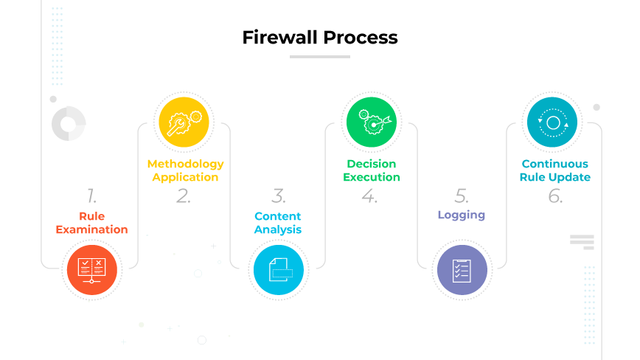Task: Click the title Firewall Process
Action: pyautogui.click(x=320, y=38)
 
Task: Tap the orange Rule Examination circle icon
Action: pyautogui.click(x=92, y=270)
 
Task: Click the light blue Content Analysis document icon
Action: pyautogui.click(x=278, y=270)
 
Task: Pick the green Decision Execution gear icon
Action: pyautogui.click(x=372, y=121)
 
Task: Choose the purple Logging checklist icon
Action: pyautogui.click(x=462, y=270)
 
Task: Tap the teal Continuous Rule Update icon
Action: pyautogui.click(x=553, y=121)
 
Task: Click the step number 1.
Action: pyautogui.click(x=91, y=195)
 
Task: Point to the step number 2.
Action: pyautogui.click(x=184, y=195)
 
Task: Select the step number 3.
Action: pyautogui.click(x=278, y=195)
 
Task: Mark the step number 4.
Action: pyautogui.click(x=370, y=195)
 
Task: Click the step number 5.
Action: pyautogui.click(x=462, y=195)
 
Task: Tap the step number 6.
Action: pyautogui.click(x=555, y=195)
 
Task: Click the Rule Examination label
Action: pyautogui.click(x=92, y=223)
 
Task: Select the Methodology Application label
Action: pyautogui.click(x=185, y=170)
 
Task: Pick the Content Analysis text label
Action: pyautogui.click(x=278, y=223)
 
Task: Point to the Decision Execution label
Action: pyautogui.click(x=372, y=170)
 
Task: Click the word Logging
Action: pyautogui.click(x=462, y=215)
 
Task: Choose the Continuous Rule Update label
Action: pyautogui.click(x=555, y=170)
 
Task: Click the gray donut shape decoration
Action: pyautogui.click(x=69, y=123)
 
